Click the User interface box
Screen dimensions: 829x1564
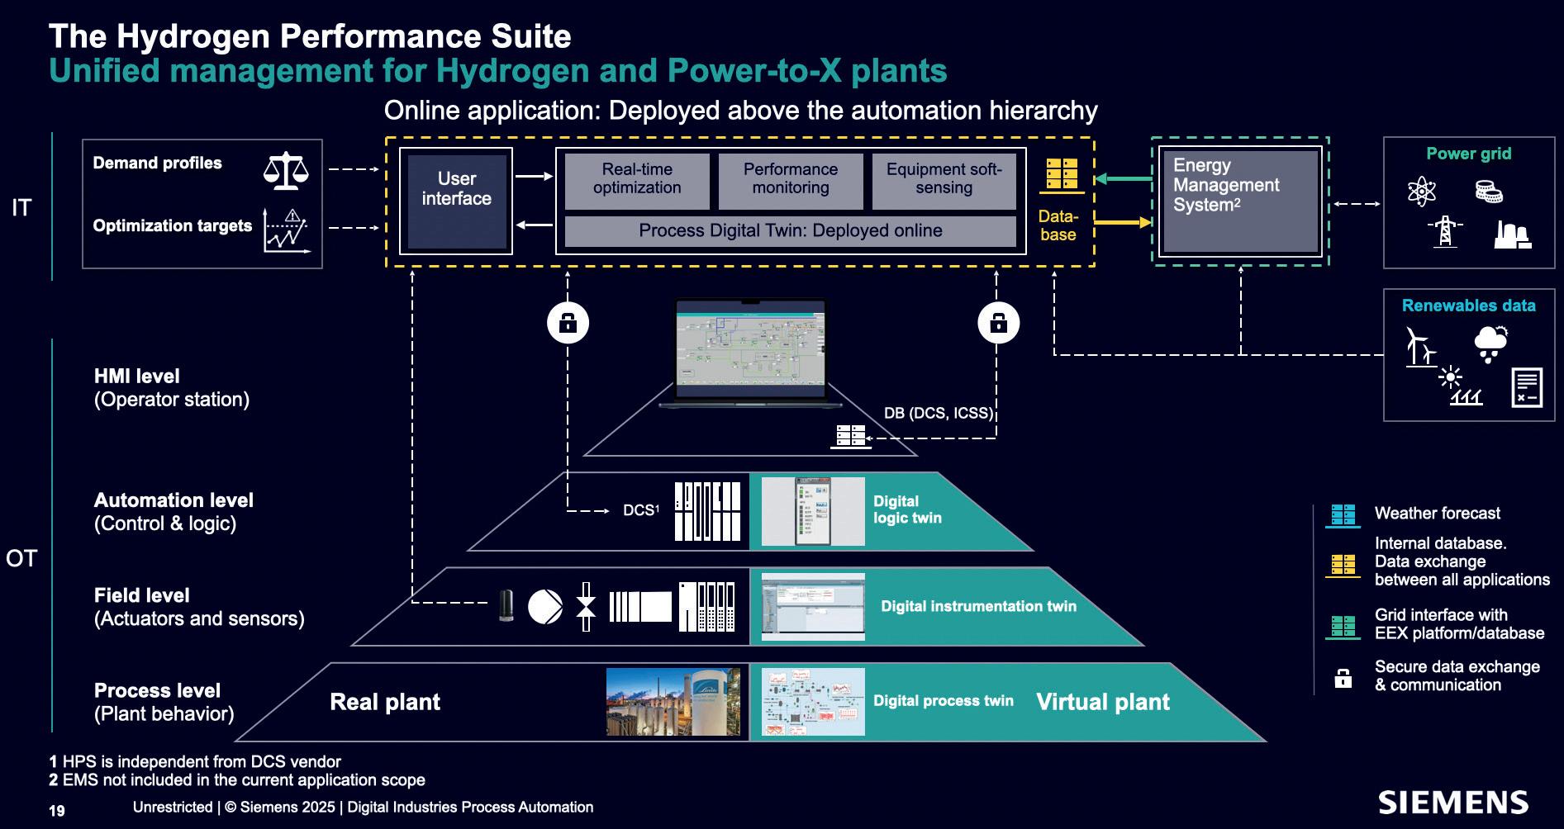pos(456,201)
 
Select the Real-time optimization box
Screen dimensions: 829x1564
pos(637,179)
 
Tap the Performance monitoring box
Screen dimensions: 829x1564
pos(790,179)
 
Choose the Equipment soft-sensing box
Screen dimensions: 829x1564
pos(944,179)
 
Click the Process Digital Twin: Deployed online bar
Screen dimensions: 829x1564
pos(790,231)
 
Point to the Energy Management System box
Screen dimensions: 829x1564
pos(1239,201)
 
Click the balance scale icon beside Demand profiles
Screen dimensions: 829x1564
pos(285,170)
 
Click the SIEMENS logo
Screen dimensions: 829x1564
pos(1452,803)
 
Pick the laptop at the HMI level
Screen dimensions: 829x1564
pos(750,353)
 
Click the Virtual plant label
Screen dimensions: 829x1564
pos(1102,702)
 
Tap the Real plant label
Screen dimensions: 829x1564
pos(384,702)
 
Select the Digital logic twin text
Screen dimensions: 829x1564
pos(907,509)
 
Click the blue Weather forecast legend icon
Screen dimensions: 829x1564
pos(1343,515)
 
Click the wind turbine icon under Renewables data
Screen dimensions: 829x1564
pos(1419,346)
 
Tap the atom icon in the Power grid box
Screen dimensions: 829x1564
pos(1421,192)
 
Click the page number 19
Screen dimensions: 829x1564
pos(57,811)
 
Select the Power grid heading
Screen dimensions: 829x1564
pos(1468,154)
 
